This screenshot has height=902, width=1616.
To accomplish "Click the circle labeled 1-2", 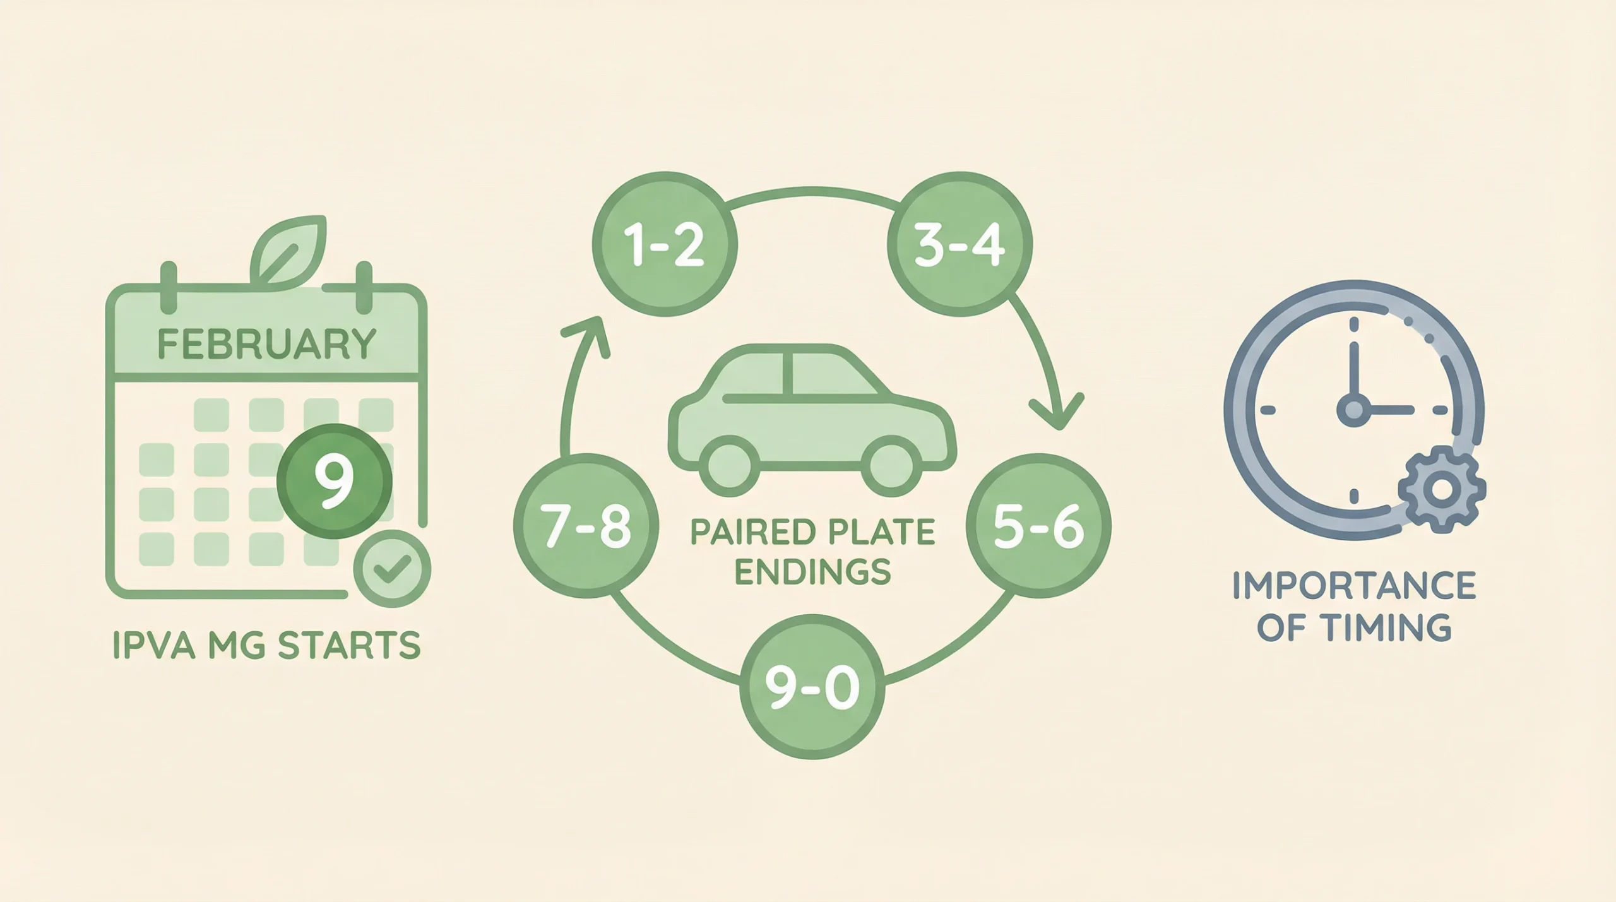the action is point(665,244).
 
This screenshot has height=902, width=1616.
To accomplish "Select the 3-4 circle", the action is point(959,244).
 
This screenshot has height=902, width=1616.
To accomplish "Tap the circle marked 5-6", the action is point(1038,525).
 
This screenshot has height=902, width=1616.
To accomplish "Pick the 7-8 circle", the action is point(586,525).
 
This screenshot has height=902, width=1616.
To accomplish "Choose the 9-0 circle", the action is point(812,686).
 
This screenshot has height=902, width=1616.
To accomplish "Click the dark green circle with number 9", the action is point(335,481).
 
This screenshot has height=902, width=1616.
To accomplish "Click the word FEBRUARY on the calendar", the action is point(266,344).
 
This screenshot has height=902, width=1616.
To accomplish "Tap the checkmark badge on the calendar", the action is point(392,569).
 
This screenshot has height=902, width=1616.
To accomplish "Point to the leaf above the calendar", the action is point(289,251).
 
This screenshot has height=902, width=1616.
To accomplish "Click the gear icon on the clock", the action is point(1442,489).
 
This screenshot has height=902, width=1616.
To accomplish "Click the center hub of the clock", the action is point(1353,410).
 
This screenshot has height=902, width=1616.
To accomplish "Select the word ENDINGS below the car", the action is point(813,571).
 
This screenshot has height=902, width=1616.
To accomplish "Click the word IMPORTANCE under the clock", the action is point(1353,585).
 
